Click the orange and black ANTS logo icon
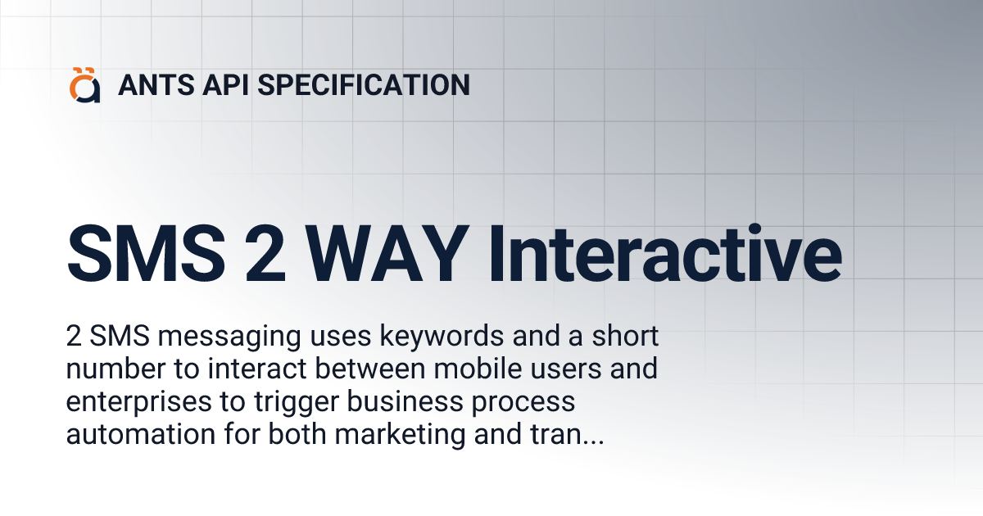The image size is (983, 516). pyautogui.click(x=85, y=85)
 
